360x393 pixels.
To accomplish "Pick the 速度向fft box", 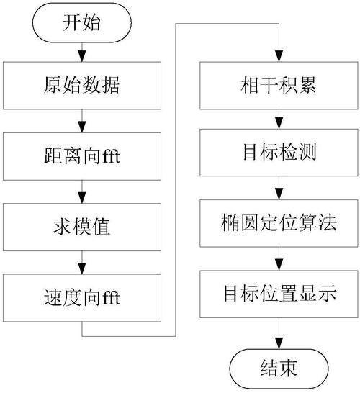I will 83,294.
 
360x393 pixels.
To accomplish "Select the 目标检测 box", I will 277,154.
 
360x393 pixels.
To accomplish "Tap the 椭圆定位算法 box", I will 277,224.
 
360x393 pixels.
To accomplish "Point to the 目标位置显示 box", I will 277,294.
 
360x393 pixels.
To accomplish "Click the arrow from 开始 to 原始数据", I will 83,52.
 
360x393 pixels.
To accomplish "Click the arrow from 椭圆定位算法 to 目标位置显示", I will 277,259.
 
